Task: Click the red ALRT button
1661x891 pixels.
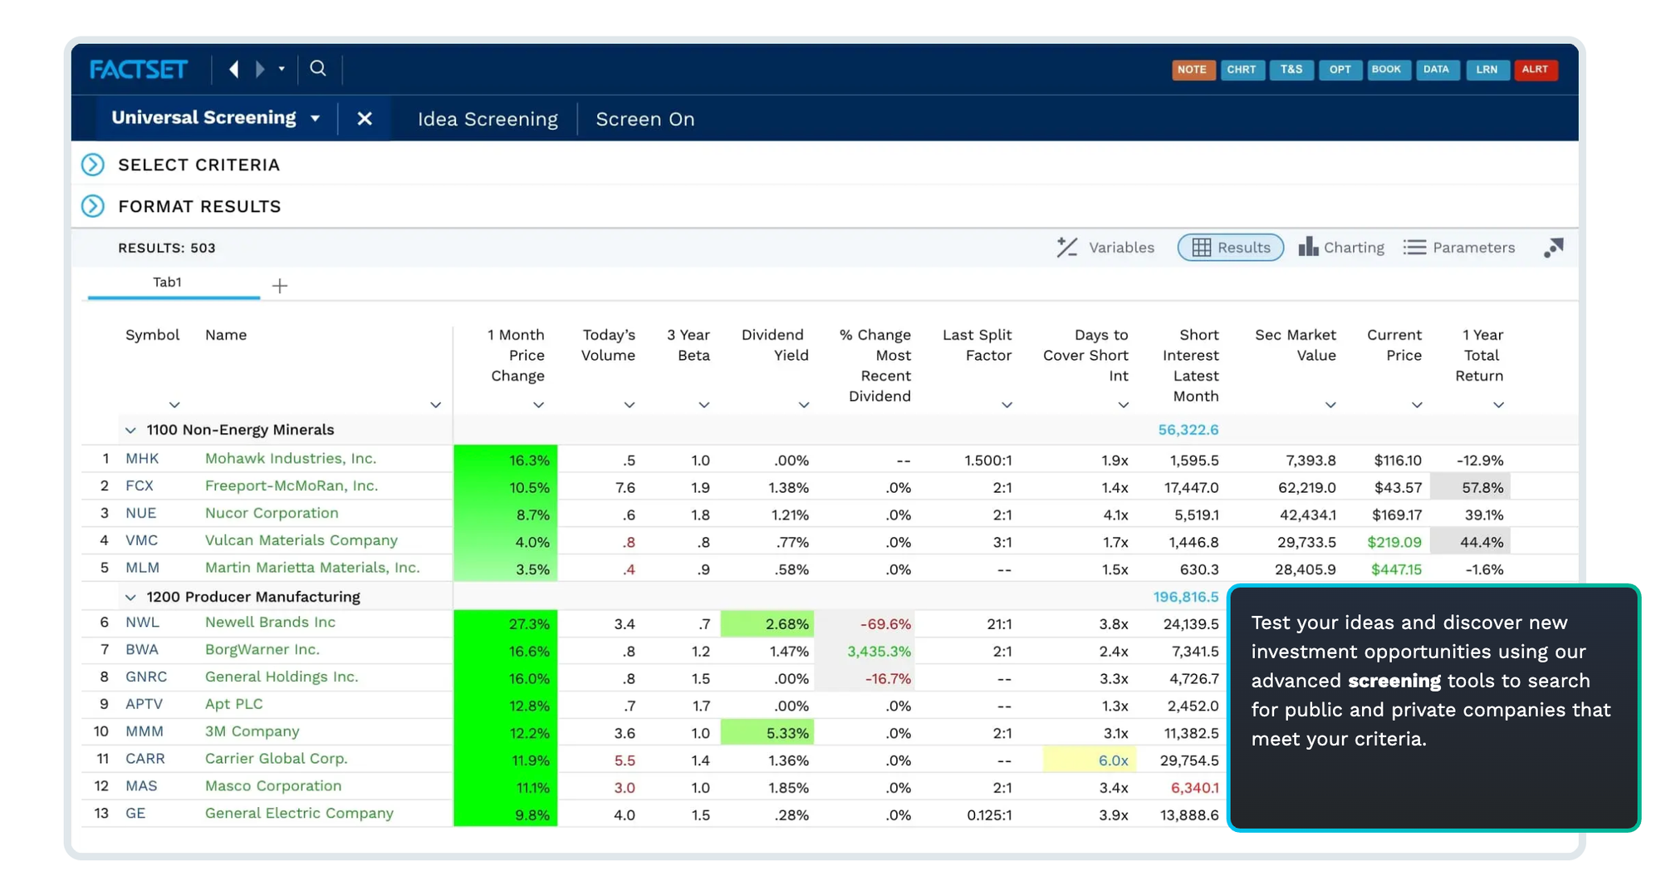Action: click(1534, 70)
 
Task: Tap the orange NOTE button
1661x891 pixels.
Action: click(1192, 70)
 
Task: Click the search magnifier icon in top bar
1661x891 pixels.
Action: click(318, 69)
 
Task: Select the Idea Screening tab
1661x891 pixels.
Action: click(487, 119)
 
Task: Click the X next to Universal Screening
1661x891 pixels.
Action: click(364, 119)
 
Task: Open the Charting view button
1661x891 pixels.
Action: click(1341, 248)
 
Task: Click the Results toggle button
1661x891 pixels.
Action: click(1230, 248)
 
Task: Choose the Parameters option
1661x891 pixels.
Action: click(1459, 248)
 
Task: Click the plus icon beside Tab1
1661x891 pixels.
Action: click(280, 286)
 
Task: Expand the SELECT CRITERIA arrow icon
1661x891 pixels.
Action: click(93, 165)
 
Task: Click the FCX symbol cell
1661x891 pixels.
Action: click(140, 486)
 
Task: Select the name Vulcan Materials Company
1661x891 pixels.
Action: click(301, 540)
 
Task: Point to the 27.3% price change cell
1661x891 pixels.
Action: click(506, 623)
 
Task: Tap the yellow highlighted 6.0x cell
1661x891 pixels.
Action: click(1090, 761)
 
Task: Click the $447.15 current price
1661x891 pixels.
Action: click(1395, 569)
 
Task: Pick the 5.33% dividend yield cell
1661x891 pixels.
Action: click(767, 733)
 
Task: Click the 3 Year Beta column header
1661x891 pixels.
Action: click(688, 345)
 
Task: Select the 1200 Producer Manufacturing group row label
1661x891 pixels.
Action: click(253, 597)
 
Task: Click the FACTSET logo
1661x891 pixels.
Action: click(139, 69)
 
